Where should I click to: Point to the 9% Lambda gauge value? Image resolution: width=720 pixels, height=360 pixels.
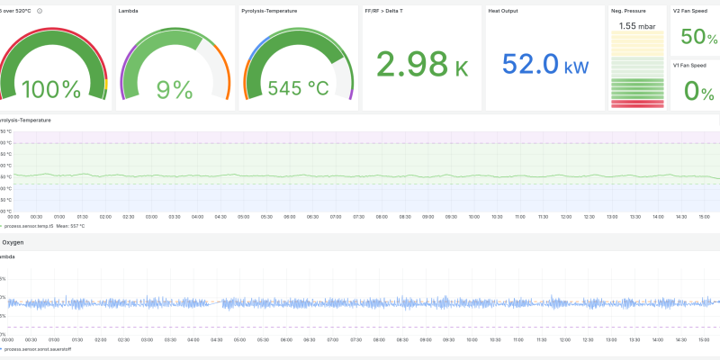[175, 89]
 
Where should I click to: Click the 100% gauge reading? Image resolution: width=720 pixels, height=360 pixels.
[51, 89]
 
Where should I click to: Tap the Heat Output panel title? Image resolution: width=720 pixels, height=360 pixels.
[506, 11]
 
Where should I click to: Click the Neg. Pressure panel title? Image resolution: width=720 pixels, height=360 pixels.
[628, 11]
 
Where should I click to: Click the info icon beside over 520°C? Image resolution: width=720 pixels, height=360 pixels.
[40, 11]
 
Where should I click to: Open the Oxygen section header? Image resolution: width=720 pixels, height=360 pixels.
[13, 243]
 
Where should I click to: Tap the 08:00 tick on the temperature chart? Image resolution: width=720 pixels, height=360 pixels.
[382, 217]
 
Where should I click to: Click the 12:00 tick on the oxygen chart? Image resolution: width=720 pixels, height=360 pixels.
[565, 339]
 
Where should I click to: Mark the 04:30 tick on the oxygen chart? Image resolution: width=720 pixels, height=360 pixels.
[216, 339]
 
